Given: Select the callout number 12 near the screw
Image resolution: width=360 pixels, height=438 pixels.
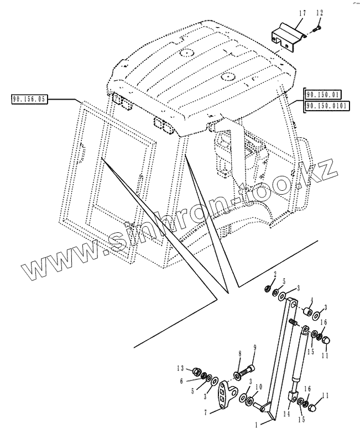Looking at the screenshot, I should (x=319, y=13).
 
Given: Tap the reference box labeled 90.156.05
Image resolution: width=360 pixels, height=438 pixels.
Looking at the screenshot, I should (x=30, y=100).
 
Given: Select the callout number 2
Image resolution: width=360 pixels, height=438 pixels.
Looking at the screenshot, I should (x=274, y=274).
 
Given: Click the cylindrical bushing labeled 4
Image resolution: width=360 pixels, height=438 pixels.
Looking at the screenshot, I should (x=304, y=310).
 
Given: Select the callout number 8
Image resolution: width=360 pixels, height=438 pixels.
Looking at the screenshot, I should (x=239, y=353).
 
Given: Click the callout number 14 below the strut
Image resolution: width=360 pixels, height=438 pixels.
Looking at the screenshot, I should (x=286, y=413).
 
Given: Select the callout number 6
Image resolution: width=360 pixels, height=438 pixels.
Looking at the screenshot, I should (x=180, y=380).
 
